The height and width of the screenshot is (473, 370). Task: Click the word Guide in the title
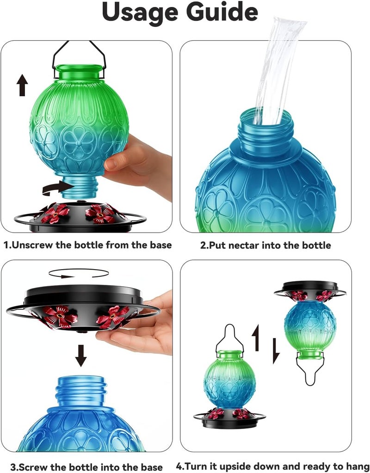222,12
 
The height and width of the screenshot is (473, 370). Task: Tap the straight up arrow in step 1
22,86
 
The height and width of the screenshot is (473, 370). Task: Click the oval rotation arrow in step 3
79,273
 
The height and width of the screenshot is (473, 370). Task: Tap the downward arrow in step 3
80,356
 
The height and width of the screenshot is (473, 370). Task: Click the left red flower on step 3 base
60,316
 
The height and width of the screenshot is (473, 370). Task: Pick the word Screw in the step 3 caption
35,467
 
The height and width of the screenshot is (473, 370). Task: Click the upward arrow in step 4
256,338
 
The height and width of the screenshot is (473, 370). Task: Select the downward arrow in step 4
276,351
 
